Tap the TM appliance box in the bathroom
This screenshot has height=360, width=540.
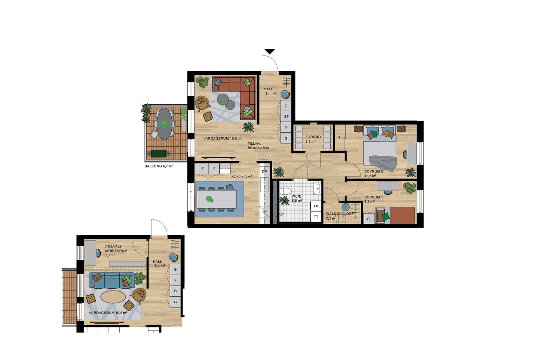tap(316, 206)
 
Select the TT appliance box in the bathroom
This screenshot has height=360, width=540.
tap(316, 217)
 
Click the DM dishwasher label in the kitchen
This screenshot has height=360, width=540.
tap(265, 171)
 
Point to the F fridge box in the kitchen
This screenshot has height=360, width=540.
tap(203, 168)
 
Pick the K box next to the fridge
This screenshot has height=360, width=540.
tap(214, 168)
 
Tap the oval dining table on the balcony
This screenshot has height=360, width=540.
tap(165, 124)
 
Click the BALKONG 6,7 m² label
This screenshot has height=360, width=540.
tap(159, 166)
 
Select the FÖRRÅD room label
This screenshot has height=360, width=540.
tap(313, 137)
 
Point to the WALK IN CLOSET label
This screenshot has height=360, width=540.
tap(341, 214)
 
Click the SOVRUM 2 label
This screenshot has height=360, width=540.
tap(373, 171)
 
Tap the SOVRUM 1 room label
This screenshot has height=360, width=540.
tap(373, 197)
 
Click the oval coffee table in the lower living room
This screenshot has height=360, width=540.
tap(112, 297)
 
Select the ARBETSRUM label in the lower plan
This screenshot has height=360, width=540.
tap(116, 251)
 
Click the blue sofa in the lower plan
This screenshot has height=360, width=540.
tap(112, 280)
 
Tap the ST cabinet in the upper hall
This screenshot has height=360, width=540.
tap(286, 117)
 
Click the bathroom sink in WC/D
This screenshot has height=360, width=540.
tap(317, 188)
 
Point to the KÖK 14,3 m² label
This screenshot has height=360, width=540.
tap(241, 177)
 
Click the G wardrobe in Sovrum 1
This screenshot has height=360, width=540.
tap(368, 219)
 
